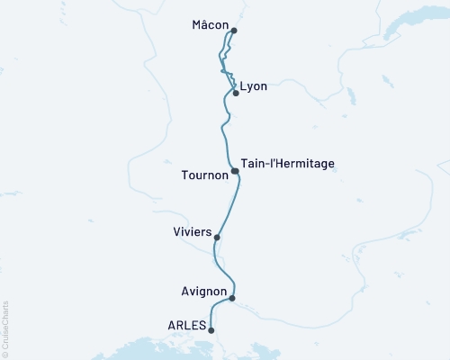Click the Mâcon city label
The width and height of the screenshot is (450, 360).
(x=210, y=25)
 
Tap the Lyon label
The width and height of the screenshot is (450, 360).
(x=254, y=88)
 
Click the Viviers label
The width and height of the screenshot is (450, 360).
(x=191, y=232)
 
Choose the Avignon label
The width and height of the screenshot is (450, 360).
(x=202, y=291)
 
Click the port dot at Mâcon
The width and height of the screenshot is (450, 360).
(x=234, y=31)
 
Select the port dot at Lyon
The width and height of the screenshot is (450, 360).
(x=236, y=93)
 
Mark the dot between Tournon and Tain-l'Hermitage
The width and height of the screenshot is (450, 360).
(x=235, y=170)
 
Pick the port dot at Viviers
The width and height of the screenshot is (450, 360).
(x=217, y=238)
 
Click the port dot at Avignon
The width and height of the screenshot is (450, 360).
(x=232, y=298)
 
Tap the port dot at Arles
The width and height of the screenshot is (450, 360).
(x=211, y=330)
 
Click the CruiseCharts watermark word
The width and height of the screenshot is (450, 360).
(x=5, y=323)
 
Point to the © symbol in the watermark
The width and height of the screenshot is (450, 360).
(x=5, y=353)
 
